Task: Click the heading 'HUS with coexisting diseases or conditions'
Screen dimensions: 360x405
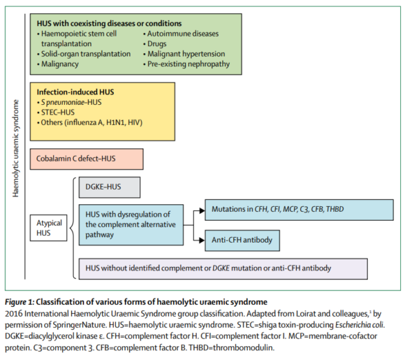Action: [x=110, y=23]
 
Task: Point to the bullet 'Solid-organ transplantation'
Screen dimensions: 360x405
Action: [x=86, y=53]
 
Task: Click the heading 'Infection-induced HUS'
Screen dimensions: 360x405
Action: [x=75, y=92]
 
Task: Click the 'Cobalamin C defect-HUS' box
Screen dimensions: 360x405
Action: [x=86, y=159]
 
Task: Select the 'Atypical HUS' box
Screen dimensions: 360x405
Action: [x=50, y=229]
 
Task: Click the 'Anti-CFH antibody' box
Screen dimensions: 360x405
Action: [x=242, y=239]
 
